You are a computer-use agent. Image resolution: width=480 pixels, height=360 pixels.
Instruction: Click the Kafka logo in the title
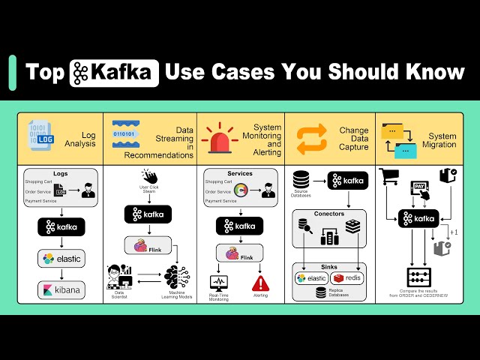point(114,73)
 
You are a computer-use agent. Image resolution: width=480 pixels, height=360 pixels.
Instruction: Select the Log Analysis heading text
point(80,138)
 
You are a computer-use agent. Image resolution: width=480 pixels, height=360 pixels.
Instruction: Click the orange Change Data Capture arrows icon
point(312,138)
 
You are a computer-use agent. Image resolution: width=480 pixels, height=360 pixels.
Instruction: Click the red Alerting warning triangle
point(260,283)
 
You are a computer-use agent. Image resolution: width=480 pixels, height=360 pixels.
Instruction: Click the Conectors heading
point(330,214)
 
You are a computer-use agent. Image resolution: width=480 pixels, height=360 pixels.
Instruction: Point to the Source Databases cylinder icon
point(301,180)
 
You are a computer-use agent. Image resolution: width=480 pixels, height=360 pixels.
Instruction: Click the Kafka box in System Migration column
point(418,218)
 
